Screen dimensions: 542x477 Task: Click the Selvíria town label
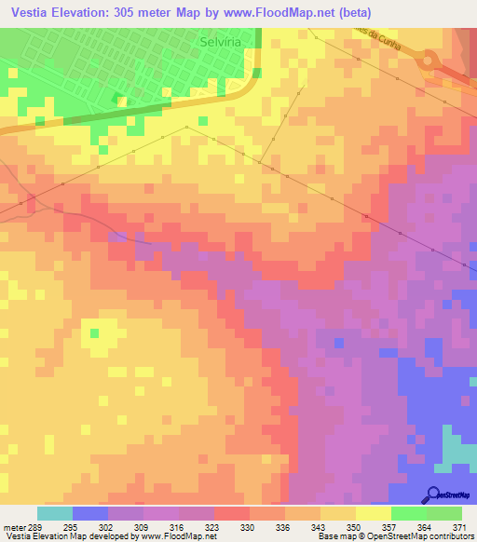[223, 42]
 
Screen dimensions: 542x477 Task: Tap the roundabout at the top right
[430, 61]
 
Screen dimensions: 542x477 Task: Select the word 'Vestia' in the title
[29, 11]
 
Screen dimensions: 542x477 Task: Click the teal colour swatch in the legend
[55, 513]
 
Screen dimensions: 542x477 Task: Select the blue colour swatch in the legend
[90, 513]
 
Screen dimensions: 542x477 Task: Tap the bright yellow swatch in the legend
[373, 513]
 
